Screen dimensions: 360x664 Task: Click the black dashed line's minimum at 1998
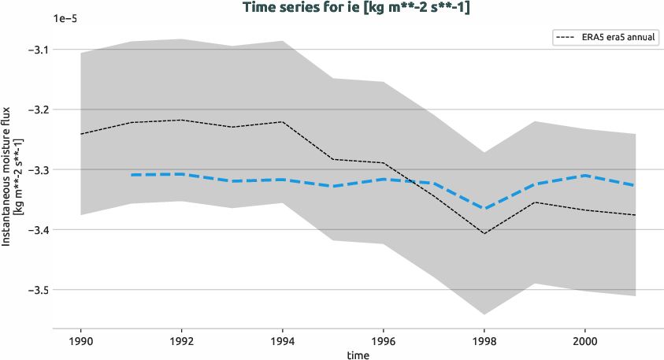[x=484, y=233]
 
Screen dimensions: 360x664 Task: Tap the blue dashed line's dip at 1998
[x=484, y=209]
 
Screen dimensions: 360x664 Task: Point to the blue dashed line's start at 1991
[x=132, y=175]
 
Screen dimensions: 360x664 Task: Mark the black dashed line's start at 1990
[x=81, y=134]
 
